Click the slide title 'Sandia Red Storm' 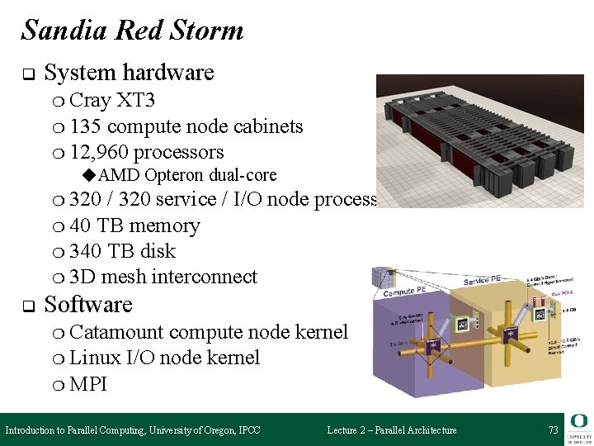[x=132, y=31]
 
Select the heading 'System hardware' [x=129, y=73]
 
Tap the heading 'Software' [x=88, y=305]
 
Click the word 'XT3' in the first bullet [x=135, y=101]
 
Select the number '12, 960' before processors [x=99, y=152]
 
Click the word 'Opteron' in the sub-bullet [x=174, y=175]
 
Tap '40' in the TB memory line [x=81, y=225]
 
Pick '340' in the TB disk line [x=86, y=251]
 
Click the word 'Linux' [x=95, y=358]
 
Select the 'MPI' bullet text [x=88, y=384]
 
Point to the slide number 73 [x=553, y=430]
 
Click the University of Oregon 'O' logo [x=577, y=421]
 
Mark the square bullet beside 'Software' [x=26, y=306]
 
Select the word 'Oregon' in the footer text [x=202, y=430]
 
